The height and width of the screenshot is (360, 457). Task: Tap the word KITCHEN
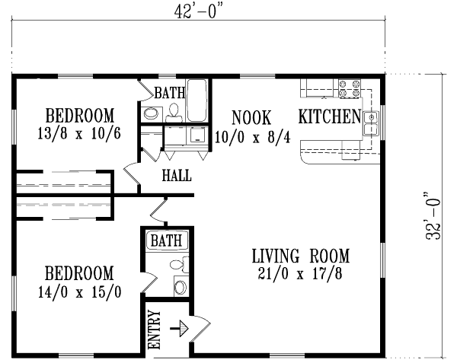click(x=328, y=117)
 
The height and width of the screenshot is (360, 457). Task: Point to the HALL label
click(x=176, y=177)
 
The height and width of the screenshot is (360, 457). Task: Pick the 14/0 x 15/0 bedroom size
click(x=79, y=290)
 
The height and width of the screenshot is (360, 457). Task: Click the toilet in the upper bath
click(x=174, y=113)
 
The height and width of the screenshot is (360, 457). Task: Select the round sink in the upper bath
click(x=152, y=114)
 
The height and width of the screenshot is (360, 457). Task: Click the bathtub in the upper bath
click(x=197, y=100)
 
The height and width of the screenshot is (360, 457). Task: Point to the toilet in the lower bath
click(x=178, y=266)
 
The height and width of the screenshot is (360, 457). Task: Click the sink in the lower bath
click(x=181, y=287)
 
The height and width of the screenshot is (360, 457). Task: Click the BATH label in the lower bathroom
click(x=167, y=241)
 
